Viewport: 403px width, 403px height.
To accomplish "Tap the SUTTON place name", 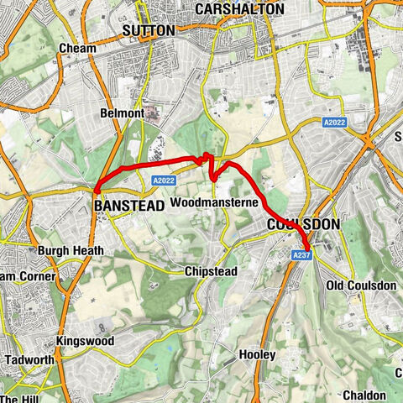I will pos(149,30).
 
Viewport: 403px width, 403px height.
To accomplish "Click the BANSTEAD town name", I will pos(127,204).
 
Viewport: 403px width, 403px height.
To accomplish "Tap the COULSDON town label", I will pos(303,225).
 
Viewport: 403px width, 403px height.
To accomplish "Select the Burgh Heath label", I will pos(71,250).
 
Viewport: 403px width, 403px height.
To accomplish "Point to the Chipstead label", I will pos(210,272).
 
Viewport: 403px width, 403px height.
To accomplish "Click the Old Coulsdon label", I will pos(360,286).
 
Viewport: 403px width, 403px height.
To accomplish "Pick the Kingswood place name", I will pos(83,341).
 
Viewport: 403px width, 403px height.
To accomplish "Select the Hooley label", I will pos(257,355).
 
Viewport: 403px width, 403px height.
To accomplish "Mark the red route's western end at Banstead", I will pos(97,191).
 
